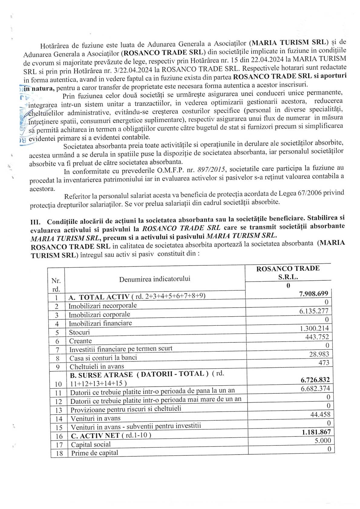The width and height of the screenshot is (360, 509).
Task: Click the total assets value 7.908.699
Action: tap(313, 294)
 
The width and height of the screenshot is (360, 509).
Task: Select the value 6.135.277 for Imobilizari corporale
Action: tap(314, 311)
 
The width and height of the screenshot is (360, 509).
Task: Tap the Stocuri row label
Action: tap(79, 332)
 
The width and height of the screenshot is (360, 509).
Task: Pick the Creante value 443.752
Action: tap(317, 337)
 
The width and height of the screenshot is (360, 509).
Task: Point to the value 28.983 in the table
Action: tap(319, 354)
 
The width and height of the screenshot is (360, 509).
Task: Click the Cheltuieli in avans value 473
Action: tap(324, 363)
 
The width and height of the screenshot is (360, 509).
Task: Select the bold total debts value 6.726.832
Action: tap(315, 380)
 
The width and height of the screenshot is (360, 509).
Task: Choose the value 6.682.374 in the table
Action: tap(315, 389)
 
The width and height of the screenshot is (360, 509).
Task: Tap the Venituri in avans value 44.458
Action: tap(320, 414)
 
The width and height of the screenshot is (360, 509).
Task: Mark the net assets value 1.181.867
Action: tap(316, 432)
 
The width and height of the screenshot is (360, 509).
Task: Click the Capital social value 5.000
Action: tap(323, 441)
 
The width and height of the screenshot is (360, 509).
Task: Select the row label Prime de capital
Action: tap(94, 453)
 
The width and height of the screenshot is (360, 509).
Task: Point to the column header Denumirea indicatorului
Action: tap(155, 279)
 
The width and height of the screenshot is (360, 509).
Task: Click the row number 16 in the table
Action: tap(59, 436)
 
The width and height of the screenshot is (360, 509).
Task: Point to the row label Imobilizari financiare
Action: tap(100, 323)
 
